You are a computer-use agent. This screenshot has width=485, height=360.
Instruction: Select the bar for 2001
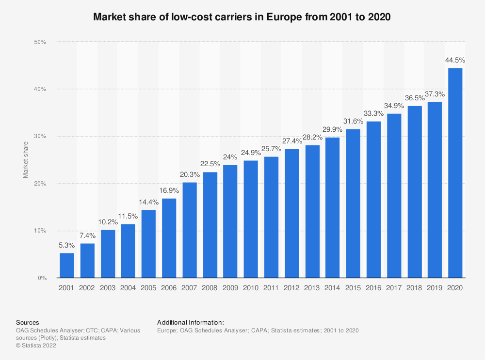[67, 266]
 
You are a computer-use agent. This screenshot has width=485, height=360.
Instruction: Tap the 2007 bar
[190, 230]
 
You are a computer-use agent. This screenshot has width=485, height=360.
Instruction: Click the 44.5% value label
[455, 61]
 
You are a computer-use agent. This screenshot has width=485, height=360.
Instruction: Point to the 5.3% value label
[67, 246]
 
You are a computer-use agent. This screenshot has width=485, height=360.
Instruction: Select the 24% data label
[230, 157]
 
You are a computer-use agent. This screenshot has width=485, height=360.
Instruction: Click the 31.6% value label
[353, 122]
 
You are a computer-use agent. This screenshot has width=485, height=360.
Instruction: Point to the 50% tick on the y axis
[40, 42]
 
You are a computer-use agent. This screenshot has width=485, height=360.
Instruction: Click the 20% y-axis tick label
[40, 184]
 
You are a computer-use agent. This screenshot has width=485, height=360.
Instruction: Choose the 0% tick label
[42, 278]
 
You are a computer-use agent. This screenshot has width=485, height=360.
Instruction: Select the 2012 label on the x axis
[291, 287]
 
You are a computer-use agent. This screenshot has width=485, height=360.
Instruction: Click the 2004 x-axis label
[128, 287]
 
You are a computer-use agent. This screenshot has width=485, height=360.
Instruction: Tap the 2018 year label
[414, 287]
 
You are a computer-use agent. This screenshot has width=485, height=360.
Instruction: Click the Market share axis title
[26, 160]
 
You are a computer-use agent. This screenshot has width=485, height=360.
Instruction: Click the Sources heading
[28, 322]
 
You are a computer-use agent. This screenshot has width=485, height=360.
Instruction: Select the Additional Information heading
[191, 322]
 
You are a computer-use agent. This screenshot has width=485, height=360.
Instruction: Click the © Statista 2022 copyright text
[37, 345]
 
